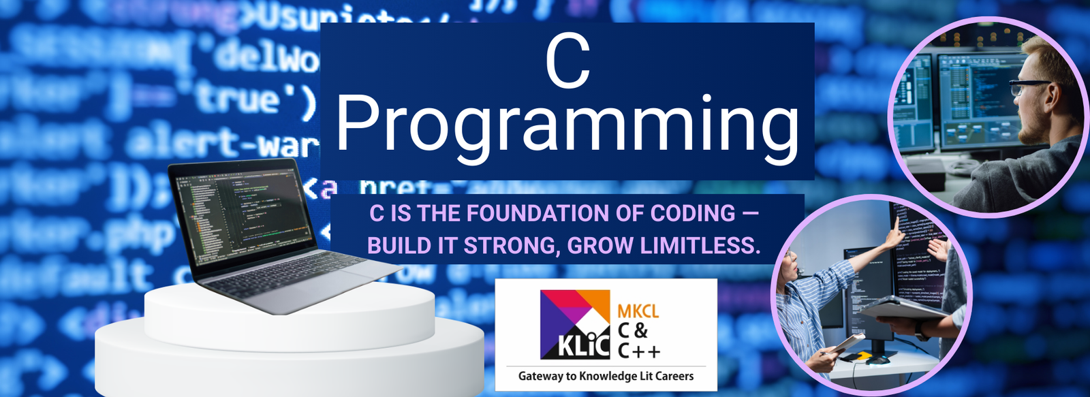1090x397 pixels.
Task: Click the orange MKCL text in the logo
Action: point(638,311)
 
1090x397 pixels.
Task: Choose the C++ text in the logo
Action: point(638,351)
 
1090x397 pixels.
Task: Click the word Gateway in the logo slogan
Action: point(540,376)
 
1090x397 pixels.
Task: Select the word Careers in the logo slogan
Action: point(674,376)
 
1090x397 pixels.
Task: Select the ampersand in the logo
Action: point(640,331)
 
